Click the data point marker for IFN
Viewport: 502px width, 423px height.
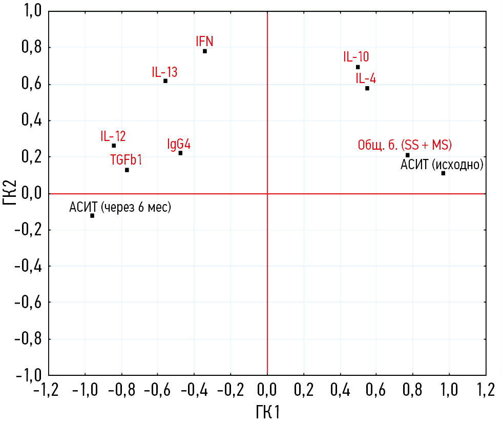pos(205,51)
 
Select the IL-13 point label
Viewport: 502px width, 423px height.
pos(164,72)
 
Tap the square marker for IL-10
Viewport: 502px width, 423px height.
pos(358,67)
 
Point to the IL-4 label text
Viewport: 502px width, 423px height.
pos(366,79)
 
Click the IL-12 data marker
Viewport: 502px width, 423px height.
pos(114,146)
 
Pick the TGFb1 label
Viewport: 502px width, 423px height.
pos(126,159)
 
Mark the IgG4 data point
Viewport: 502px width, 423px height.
pos(180,153)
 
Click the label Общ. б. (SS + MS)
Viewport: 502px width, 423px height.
pos(404,145)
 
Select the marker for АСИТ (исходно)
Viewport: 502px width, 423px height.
pos(443,173)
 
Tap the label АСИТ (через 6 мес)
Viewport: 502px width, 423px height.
pos(120,207)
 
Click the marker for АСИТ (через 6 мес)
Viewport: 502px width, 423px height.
pos(92,215)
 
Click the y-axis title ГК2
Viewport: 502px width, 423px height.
pos(11,193)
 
